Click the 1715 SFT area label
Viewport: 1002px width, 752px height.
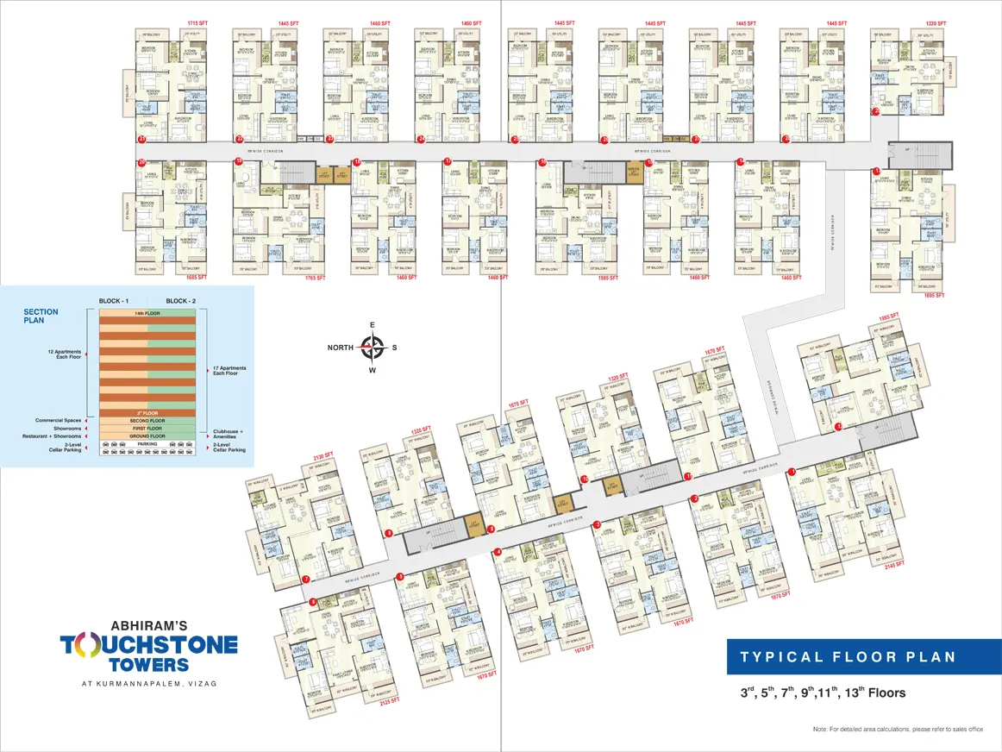pyautogui.click(x=199, y=22)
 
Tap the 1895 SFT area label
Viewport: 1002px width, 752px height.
pyautogui.click(x=935, y=295)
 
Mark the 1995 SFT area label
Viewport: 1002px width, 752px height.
pyautogui.click(x=888, y=316)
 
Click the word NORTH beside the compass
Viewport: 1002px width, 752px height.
pyautogui.click(x=339, y=348)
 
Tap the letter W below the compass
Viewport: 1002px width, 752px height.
pyautogui.click(x=372, y=371)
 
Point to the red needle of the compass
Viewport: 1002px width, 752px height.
pyautogui.click(x=378, y=348)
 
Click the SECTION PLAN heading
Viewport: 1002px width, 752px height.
pyautogui.click(x=41, y=316)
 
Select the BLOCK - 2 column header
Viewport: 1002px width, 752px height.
pyautogui.click(x=182, y=301)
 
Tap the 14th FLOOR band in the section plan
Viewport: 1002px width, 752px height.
pyautogui.click(x=147, y=311)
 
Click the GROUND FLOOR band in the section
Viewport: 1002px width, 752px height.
pyautogui.click(x=147, y=436)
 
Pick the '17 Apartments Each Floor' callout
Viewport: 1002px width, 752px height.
pyautogui.click(x=229, y=372)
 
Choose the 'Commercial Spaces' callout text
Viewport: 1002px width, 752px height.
pyautogui.click(x=59, y=420)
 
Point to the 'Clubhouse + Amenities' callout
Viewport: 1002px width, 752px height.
pyautogui.click(x=229, y=436)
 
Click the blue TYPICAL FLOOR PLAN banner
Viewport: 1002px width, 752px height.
pyautogui.click(x=848, y=656)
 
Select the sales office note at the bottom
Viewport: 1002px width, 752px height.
pyautogui.click(x=898, y=730)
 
